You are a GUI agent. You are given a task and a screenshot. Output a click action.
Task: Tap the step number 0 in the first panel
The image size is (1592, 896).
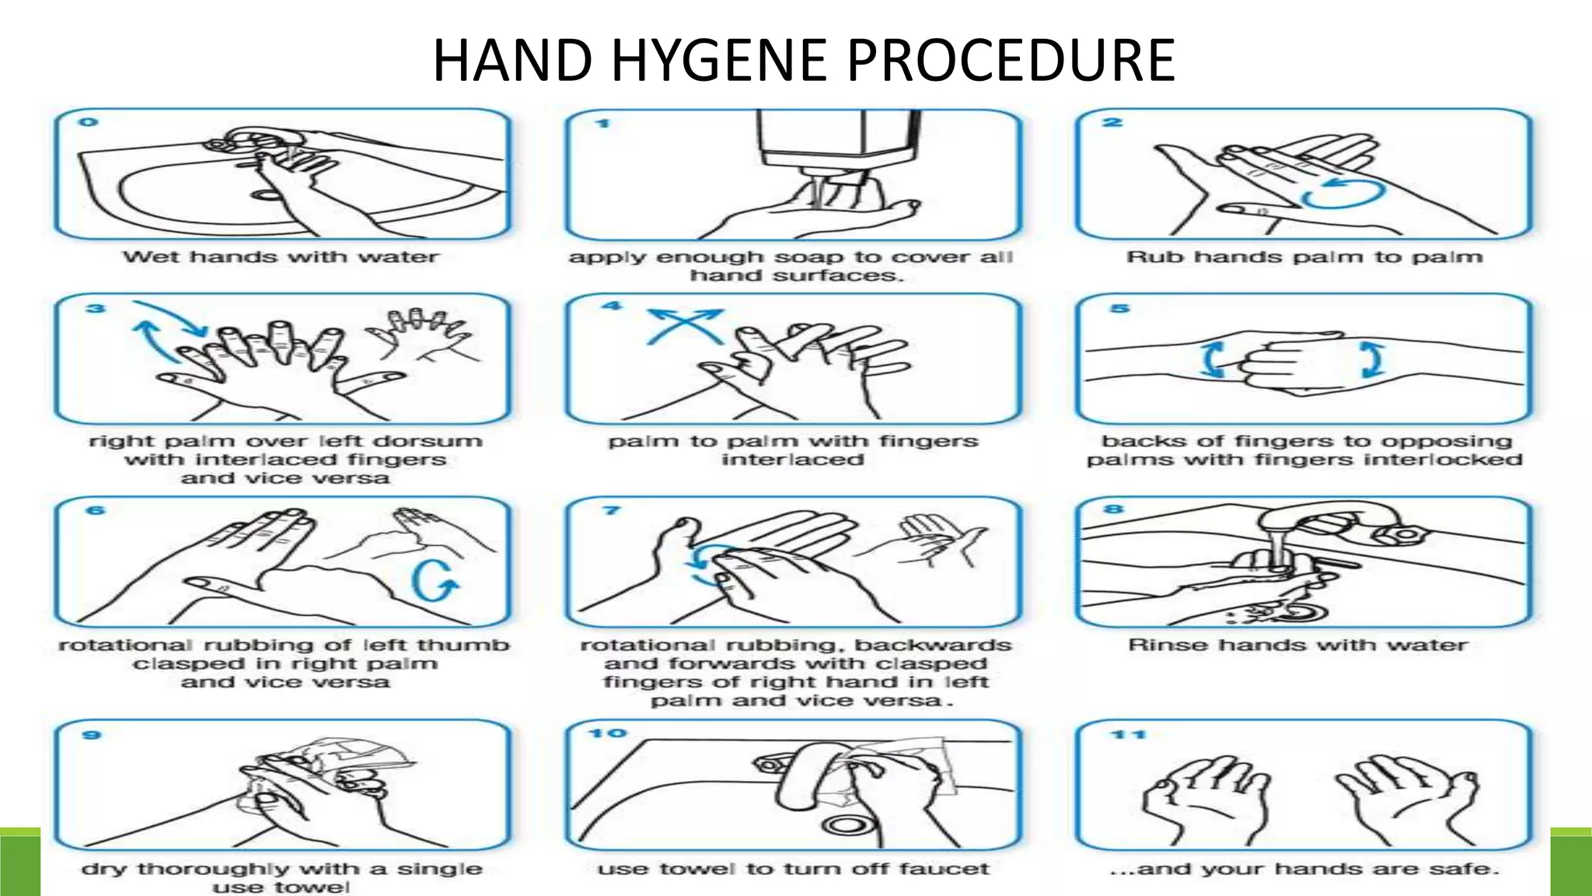tap(89, 122)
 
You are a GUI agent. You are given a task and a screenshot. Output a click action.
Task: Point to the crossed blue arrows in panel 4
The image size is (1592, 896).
tap(685, 326)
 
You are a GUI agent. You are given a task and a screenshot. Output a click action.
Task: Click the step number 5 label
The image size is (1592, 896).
tap(1119, 308)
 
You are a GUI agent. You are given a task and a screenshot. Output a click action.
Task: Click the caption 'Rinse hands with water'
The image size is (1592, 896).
tap(1297, 646)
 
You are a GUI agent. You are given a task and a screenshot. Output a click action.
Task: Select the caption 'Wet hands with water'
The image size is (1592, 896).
tap(281, 257)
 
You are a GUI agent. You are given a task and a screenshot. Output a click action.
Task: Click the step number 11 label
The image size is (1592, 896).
tap(1128, 733)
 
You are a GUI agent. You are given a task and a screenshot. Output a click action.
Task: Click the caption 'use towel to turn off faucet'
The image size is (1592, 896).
tap(793, 869)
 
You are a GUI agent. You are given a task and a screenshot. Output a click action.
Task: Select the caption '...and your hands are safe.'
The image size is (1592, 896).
tap(1304, 869)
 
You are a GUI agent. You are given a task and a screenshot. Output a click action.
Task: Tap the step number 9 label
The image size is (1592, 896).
tap(92, 734)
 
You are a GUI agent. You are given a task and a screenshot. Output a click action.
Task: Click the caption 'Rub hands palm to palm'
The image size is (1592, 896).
tap(1304, 257)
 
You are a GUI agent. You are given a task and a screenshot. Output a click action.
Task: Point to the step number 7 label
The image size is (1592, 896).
tap(612, 510)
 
